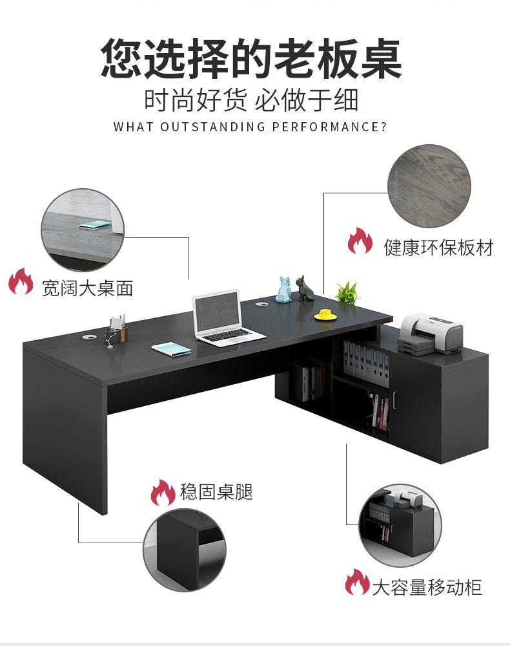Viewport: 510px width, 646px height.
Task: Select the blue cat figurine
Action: (283, 290)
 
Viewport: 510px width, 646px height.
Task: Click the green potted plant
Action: (348, 292)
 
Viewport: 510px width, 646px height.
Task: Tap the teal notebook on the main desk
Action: (172, 349)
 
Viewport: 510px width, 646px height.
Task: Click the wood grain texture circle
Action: (429, 187)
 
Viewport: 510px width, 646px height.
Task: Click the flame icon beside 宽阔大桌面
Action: (21, 283)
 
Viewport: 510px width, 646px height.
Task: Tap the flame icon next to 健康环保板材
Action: (360, 242)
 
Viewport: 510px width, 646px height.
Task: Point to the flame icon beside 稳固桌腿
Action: (163, 493)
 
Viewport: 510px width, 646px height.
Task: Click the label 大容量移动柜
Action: (426, 587)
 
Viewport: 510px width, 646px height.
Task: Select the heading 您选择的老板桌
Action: (252, 59)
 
